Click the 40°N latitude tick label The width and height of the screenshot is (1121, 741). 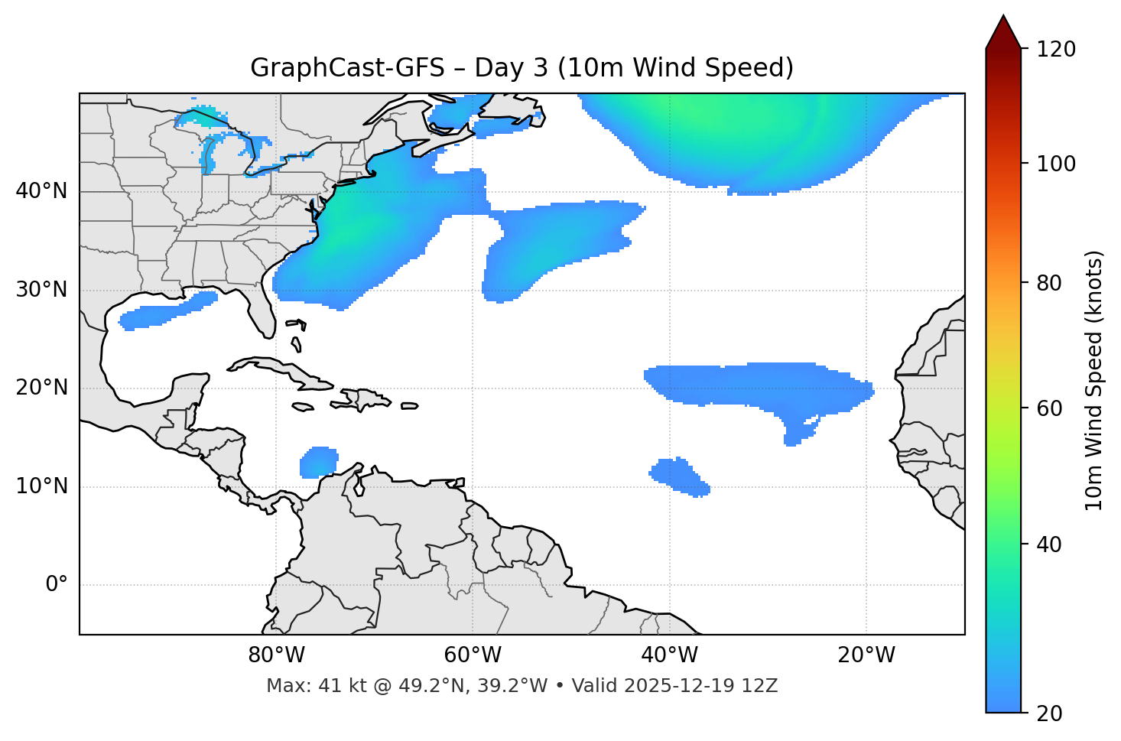pos(41,191)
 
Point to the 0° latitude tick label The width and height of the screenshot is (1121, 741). pos(57,585)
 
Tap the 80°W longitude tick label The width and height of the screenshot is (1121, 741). pos(276,655)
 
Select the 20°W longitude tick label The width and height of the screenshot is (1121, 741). pos(866,655)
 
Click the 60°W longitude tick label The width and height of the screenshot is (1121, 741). pos(473,655)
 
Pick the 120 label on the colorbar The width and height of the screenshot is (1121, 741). pos(1056,50)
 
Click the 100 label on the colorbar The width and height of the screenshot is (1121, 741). pos(1056,164)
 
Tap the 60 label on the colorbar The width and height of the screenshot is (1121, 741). pos(1050,408)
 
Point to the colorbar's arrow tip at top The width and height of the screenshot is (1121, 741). pos(1003,17)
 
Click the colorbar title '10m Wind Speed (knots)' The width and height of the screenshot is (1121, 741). pos(1094,381)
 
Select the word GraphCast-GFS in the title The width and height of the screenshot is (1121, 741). pos(347,68)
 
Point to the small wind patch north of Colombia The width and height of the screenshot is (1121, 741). pos(319,463)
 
